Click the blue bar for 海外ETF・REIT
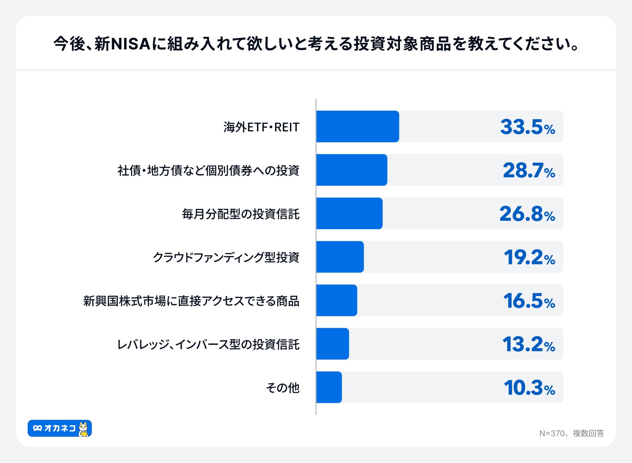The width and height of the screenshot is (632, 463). tap(357, 127)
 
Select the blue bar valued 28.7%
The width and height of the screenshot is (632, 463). tap(352, 170)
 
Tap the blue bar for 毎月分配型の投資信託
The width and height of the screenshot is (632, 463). tap(349, 213)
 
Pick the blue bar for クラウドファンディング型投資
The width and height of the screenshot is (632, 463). tap(340, 257)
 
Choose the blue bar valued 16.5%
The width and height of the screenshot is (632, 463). tap(337, 300)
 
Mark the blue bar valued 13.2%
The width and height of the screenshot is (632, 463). tap(332, 344)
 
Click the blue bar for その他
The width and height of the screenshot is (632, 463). tap(329, 387)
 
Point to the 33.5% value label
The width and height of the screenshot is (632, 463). tap(527, 127)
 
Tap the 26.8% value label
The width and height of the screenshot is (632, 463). tap(527, 214)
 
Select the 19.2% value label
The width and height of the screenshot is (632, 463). tap(529, 257)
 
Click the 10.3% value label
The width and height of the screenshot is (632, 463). tap(529, 388)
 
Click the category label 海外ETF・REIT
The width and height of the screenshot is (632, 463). tap(261, 127)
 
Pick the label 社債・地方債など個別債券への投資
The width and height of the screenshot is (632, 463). tap(208, 170)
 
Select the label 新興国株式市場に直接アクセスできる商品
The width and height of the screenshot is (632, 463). tap(191, 301)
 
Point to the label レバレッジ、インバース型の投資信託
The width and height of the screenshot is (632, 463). tap(208, 344)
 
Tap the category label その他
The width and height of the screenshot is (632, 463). tap(283, 388)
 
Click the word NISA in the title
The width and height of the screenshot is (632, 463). tap(131, 44)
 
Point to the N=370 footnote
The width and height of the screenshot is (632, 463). tap(571, 434)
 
